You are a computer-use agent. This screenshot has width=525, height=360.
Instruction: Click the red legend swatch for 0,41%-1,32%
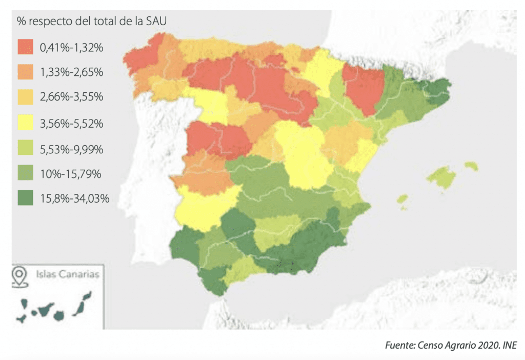[25, 48]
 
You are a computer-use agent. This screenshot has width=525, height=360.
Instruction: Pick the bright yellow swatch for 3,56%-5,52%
[25, 124]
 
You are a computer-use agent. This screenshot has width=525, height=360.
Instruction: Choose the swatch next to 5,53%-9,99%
[25, 149]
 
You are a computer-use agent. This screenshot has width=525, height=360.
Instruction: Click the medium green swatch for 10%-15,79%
[25, 174]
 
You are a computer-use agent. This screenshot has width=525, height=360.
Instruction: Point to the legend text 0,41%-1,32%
[71, 48]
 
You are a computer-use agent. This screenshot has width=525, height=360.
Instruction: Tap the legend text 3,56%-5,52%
[72, 124]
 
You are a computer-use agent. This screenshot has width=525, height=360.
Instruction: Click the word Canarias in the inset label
[82, 274]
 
